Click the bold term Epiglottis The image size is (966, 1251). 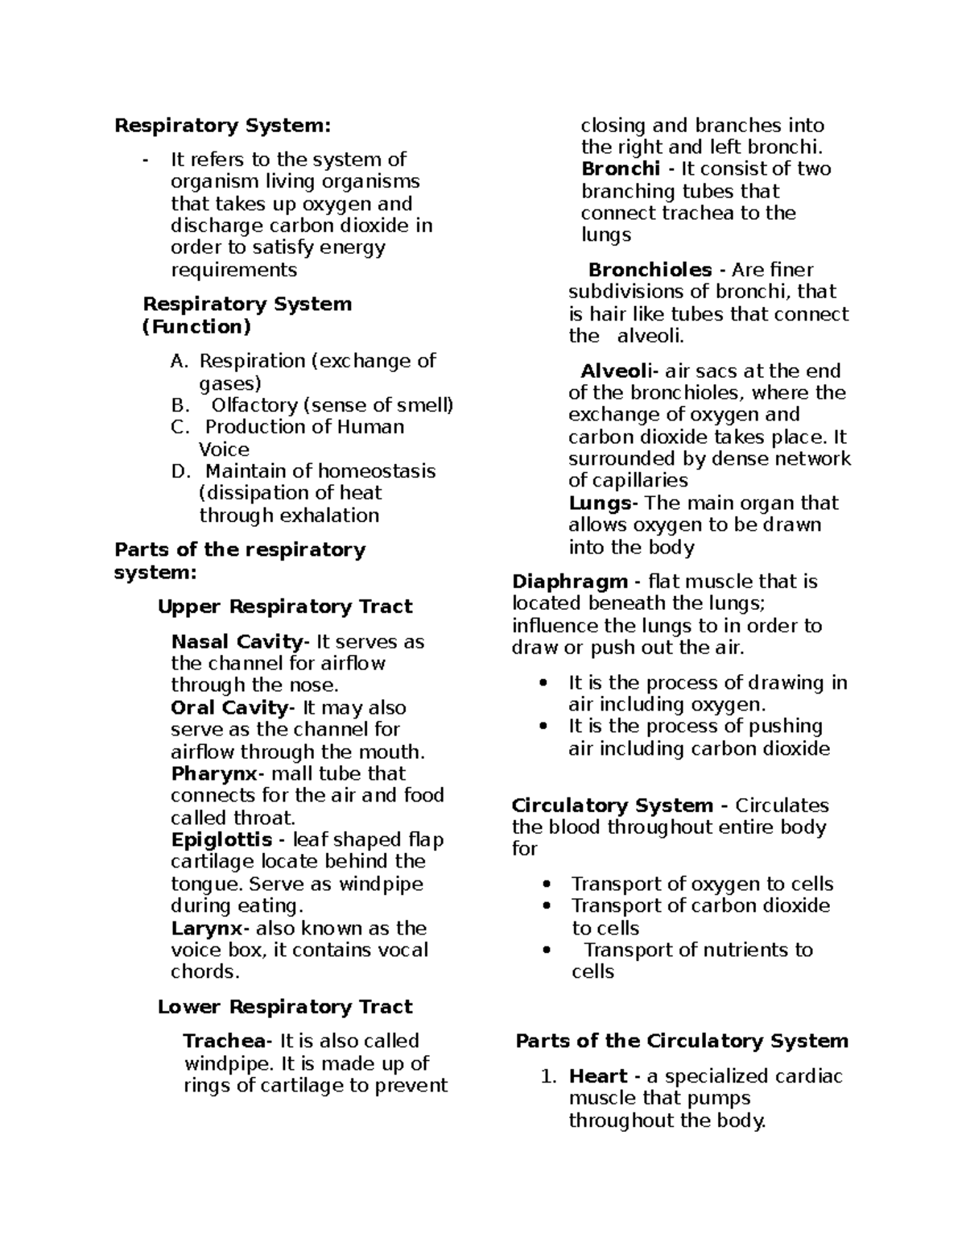pyautogui.click(x=221, y=840)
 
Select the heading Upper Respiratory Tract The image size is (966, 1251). pyautogui.click(x=285, y=607)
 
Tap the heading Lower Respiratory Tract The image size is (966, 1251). pyautogui.click(x=285, y=1007)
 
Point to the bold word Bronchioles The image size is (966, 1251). pyautogui.click(x=650, y=270)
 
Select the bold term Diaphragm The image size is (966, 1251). pyautogui.click(x=570, y=582)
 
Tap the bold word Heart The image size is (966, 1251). pyautogui.click(x=597, y=1076)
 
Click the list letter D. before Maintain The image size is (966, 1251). pyautogui.click(x=180, y=471)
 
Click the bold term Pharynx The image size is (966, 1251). pyautogui.click(x=214, y=774)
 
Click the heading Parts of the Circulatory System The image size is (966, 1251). pyautogui.click(x=682, y=1041)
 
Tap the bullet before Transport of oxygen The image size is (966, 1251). pyautogui.click(x=547, y=884)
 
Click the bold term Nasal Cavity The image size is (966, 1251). pyautogui.click(x=237, y=642)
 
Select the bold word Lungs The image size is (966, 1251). pyautogui.click(x=600, y=503)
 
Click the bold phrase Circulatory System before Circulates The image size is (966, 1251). pyautogui.click(x=612, y=806)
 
